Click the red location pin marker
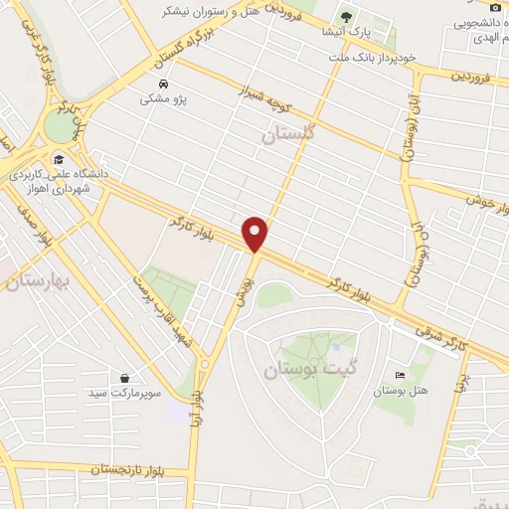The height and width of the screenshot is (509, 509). (255, 234)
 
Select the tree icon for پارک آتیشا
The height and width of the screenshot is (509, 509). (346, 16)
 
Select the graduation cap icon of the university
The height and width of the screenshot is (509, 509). (59, 158)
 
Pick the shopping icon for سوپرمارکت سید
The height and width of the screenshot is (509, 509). (124, 378)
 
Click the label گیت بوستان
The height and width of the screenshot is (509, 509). (302, 369)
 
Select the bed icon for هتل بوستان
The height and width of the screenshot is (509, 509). (400, 375)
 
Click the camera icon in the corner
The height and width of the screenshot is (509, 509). (496, 7)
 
